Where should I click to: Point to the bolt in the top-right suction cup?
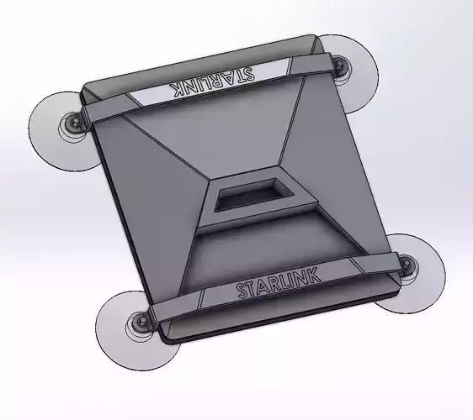click(338, 65)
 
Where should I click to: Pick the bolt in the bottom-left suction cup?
click(139, 323)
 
